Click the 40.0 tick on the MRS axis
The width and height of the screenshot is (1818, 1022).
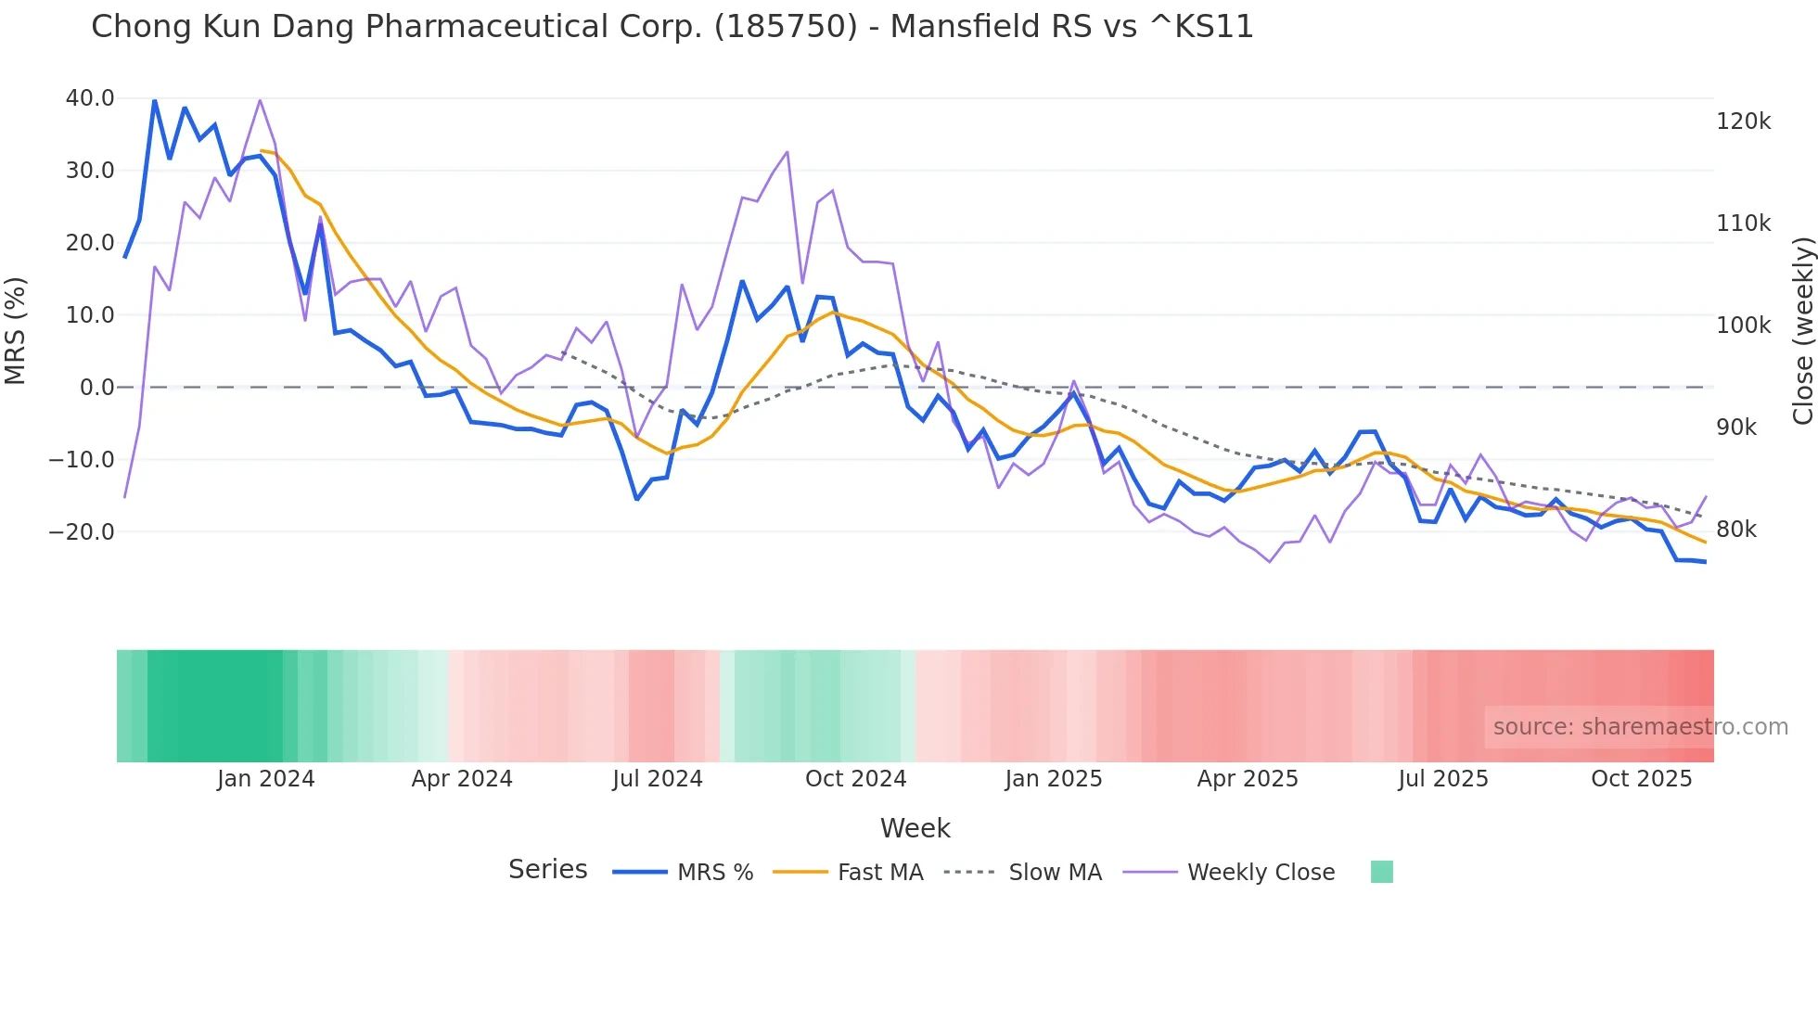90,98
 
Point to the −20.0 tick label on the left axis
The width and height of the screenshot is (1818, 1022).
82,532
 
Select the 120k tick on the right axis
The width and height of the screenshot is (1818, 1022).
1743,121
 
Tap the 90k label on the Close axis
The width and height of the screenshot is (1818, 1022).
1736,428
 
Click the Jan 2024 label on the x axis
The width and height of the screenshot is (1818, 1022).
266,779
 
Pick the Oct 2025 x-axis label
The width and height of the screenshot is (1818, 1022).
1641,779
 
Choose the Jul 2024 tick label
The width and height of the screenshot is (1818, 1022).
657,779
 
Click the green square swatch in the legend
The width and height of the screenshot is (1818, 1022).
1381,872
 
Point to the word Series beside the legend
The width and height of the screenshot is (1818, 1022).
547,870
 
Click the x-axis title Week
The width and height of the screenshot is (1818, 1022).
915,828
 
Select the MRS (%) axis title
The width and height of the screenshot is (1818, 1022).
16,330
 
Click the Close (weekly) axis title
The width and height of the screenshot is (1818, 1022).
1802,331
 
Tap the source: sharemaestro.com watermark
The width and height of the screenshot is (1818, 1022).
1640,727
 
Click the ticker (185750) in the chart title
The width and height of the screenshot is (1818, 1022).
786,26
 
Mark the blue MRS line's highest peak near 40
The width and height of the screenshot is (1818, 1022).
154,100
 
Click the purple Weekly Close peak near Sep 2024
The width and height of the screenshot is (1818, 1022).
787,152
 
